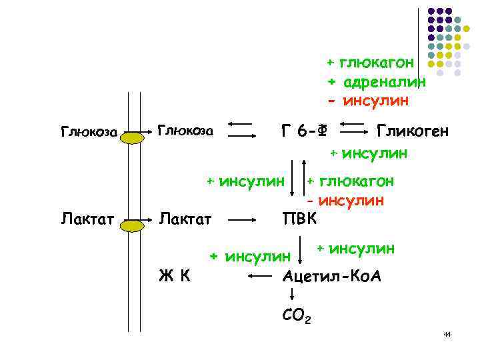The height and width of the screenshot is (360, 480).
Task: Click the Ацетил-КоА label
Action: (x=331, y=275)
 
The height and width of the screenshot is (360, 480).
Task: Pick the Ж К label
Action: (x=175, y=275)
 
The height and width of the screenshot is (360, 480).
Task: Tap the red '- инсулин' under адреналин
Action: (x=367, y=101)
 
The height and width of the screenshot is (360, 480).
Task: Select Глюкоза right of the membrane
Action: (x=185, y=130)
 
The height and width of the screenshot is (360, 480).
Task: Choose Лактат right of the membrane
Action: (x=185, y=218)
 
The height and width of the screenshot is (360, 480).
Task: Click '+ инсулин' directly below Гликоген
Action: (x=369, y=155)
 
